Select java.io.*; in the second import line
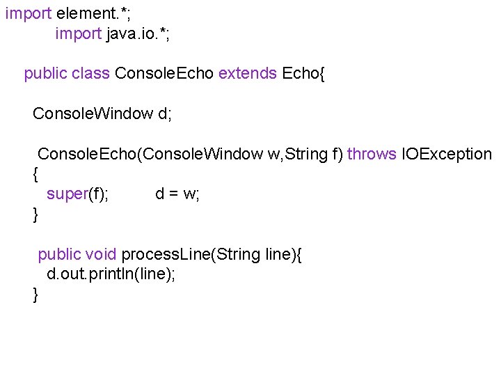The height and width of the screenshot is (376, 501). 138,34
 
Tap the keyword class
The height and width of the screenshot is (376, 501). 90,74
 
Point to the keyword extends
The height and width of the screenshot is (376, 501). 247,74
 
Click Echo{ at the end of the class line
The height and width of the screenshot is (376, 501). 303,74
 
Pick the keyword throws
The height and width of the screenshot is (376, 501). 372,154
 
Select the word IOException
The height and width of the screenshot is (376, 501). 447,154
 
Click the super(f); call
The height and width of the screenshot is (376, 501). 77,194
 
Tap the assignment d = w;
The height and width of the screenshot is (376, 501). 177,194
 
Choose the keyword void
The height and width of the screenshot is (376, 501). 102,254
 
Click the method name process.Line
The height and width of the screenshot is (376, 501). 167,254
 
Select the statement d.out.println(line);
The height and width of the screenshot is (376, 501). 111,274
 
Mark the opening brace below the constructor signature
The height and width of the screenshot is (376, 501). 36,174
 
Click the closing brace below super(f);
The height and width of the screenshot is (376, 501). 36,214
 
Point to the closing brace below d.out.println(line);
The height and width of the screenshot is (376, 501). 36,295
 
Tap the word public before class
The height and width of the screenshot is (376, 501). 46,74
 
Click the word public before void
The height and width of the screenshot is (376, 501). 60,254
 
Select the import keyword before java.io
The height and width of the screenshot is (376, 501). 78,34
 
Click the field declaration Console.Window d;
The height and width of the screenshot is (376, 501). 102,113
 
